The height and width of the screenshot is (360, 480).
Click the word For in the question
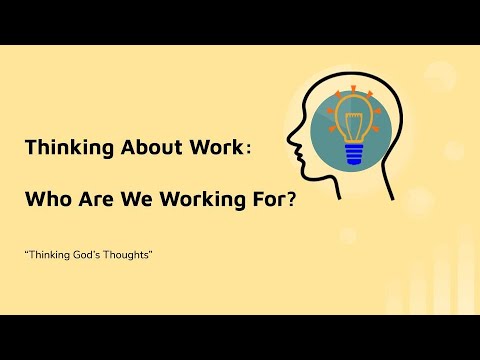[256, 199]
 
